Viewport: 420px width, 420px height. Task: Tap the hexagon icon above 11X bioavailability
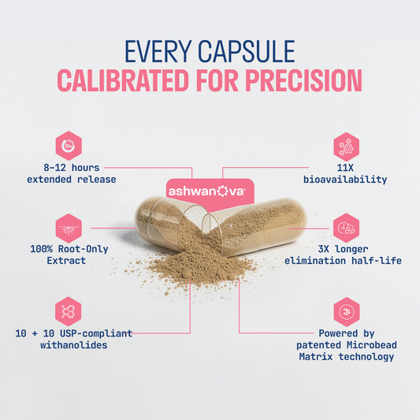[x=345, y=145]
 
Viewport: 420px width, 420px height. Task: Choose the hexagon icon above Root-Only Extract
[x=69, y=227]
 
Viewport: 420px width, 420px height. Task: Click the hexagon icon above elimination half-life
[x=345, y=227]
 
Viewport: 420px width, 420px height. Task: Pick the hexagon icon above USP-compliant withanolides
[x=69, y=310]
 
